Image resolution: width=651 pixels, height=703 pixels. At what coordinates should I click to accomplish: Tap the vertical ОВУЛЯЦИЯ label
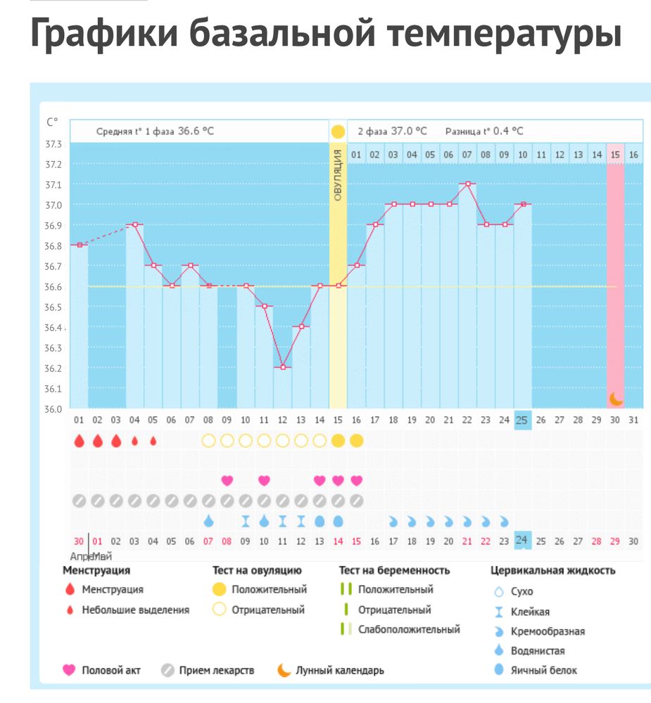[x=338, y=175]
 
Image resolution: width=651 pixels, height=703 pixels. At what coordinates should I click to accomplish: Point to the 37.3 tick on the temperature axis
[x=53, y=144]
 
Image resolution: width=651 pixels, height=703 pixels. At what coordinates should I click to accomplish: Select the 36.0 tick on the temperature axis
[x=53, y=409]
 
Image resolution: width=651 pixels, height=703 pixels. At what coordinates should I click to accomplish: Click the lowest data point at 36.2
[x=283, y=367]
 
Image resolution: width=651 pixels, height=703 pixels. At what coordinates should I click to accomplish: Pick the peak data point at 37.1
[x=467, y=183]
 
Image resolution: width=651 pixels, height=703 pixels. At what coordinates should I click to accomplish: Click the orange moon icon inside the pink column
[x=616, y=399]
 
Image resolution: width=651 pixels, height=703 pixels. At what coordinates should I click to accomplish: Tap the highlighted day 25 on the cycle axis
[x=522, y=420]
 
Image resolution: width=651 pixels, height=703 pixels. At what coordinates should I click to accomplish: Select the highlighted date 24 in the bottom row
[x=522, y=541]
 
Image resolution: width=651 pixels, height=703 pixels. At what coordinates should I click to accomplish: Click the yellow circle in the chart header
[x=338, y=131]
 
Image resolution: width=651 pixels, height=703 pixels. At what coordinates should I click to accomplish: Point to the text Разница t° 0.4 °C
[x=484, y=131]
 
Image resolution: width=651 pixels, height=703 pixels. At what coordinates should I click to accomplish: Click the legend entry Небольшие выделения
[x=135, y=610]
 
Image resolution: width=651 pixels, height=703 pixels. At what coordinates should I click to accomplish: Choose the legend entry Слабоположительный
[x=409, y=629]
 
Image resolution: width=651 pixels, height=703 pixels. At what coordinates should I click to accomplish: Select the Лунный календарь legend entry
[x=339, y=670]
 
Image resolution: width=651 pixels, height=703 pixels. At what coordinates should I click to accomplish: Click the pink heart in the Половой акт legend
[x=69, y=670]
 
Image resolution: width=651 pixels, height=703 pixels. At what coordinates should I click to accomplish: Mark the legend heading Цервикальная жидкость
[x=552, y=570]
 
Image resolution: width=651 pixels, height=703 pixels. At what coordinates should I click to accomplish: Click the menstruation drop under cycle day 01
[x=80, y=441]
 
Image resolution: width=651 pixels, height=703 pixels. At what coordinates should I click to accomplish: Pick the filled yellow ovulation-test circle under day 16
[x=357, y=441]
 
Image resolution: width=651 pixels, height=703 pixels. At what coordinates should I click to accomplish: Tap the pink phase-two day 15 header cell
[x=616, y=154]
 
